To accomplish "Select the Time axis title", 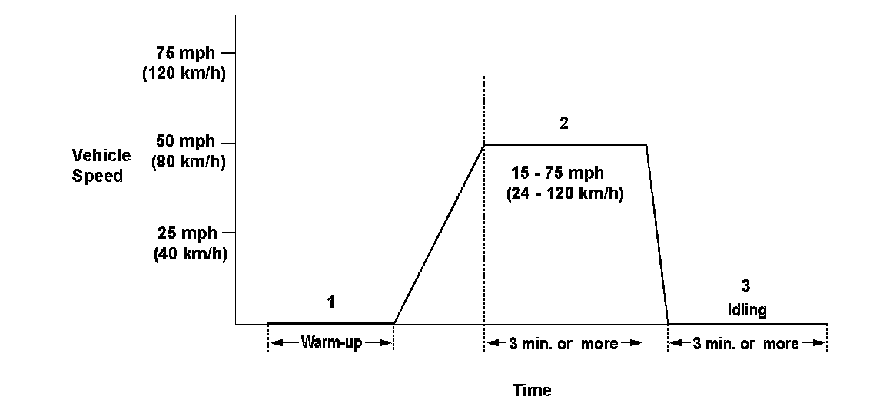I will (x=532, y=390).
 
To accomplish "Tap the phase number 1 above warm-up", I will (x=330, y=302).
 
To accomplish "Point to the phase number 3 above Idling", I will (x=745, y=286).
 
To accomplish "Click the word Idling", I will (x=746, y=309).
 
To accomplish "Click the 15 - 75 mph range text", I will (x=558, y=173).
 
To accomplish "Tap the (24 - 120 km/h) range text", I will (x=565, y=194).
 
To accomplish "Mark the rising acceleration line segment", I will (x=439, y=234).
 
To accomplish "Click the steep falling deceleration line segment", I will (x=657, y=234).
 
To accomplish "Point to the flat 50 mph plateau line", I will (x=565, y=144).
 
